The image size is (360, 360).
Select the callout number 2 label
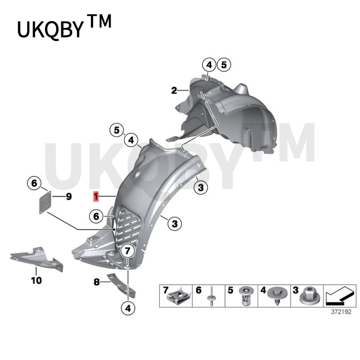coord(174,90)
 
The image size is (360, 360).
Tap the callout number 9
coord(69,196)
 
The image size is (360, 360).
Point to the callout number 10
coord(36,281)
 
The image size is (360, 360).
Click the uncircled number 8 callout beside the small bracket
coord(96,282)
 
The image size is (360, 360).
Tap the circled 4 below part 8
coord(128,309)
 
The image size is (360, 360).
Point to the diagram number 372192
coord(342,311)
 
